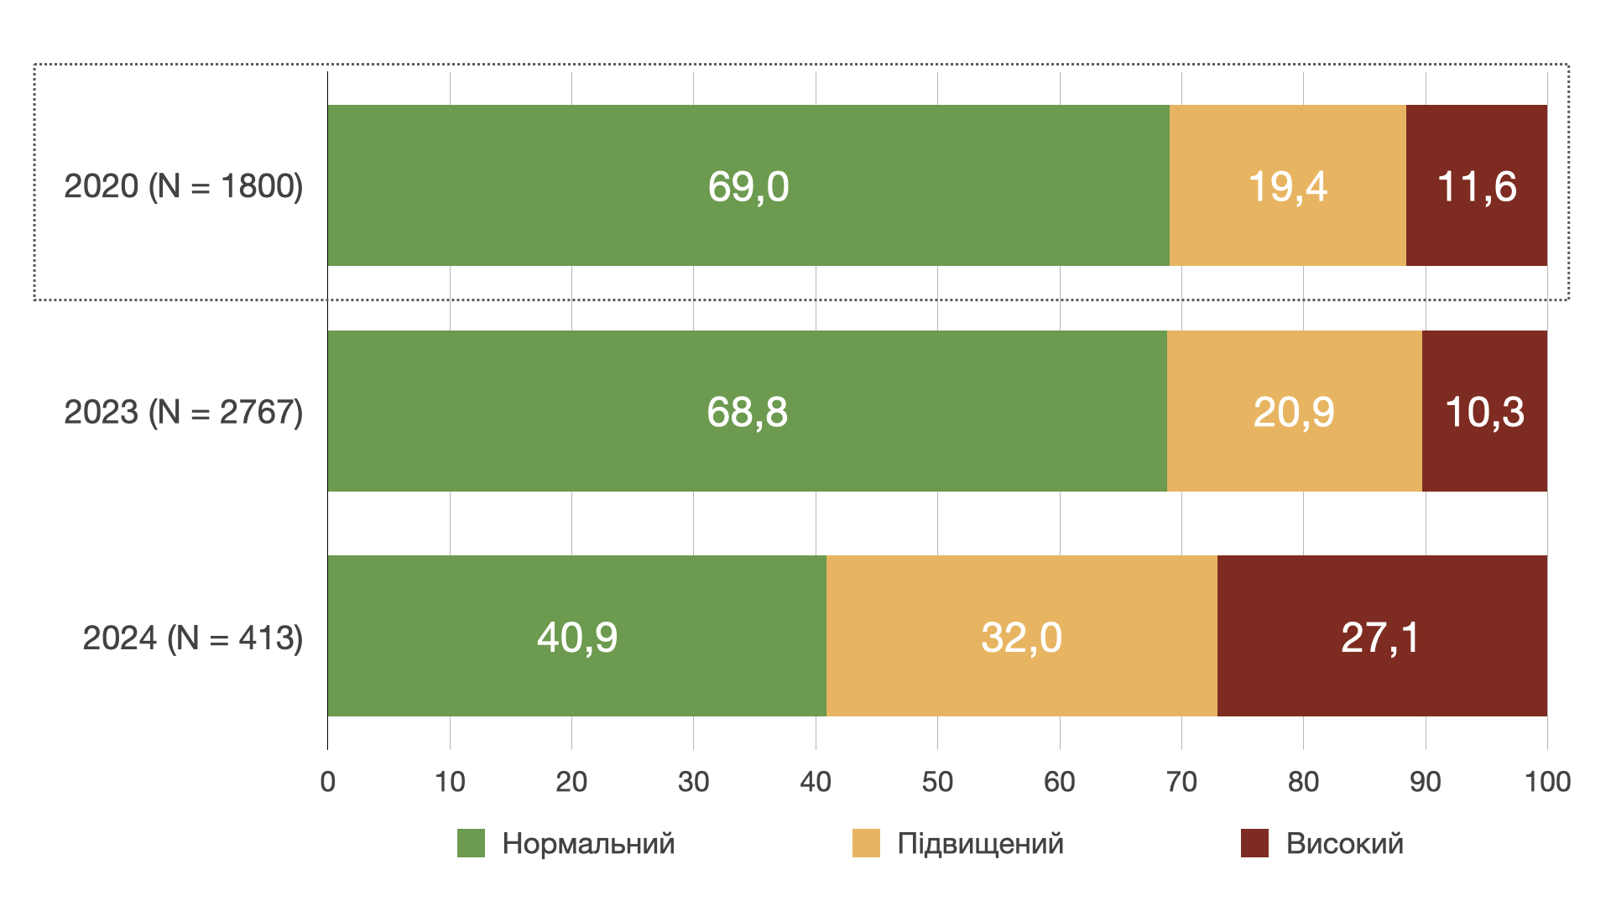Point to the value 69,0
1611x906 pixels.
748,186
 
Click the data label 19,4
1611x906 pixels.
1287,186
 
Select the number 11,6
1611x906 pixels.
1477,186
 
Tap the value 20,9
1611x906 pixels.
1294,412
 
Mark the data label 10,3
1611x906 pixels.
1484,412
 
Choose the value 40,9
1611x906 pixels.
577,637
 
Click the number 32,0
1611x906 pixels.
1021,637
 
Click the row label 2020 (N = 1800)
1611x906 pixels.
183,186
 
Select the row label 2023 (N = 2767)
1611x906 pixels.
183,412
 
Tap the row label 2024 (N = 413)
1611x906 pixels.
192,638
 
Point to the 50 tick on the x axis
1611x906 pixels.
937,782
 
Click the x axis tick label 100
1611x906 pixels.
1547,782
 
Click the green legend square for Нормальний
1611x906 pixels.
471,843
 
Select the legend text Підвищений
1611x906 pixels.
980,843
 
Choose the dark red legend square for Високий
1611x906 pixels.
1254,843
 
